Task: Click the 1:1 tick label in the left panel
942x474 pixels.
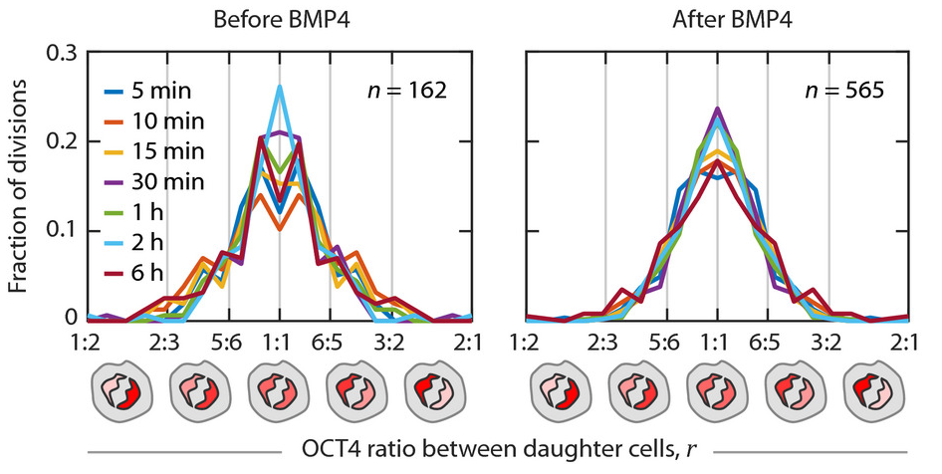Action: click(281, 342)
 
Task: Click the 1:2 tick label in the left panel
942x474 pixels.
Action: click(89, 342)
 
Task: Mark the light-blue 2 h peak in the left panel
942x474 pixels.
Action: click(280, 87)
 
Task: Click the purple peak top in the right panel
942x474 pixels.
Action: click(717, 110)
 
